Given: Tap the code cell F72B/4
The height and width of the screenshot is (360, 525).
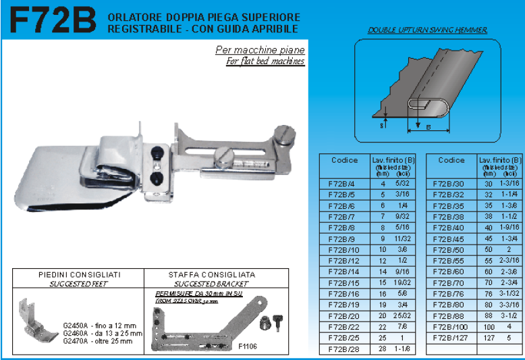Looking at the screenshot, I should coord(341,184).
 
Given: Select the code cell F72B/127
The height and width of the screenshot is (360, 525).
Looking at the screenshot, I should coord(451,338).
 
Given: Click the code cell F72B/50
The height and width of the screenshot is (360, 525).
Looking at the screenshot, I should coord(451,250).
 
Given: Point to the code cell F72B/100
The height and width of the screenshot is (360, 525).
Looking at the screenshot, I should coord(451,327).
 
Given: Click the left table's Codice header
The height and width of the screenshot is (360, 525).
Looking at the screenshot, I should coord(344,161).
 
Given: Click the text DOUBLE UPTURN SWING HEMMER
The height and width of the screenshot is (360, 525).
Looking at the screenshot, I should coord(427,30).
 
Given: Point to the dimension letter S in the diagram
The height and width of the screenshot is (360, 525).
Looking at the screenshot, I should coord(382,124).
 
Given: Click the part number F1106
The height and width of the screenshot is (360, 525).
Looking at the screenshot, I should coord(248,346).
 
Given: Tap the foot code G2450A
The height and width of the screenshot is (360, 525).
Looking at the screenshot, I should coord(72,324).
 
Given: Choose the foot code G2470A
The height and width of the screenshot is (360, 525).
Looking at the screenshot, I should coord(72,340).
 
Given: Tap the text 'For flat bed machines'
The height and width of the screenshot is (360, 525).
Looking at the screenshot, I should coord(265,61).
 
